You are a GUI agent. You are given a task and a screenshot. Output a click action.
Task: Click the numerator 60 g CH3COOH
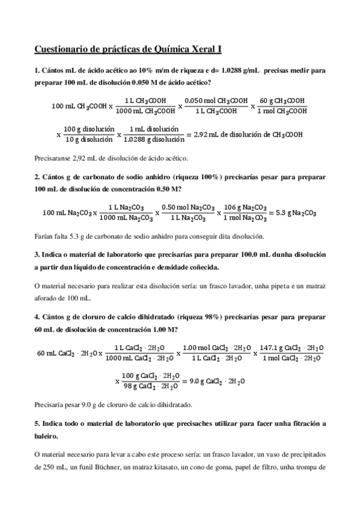282,100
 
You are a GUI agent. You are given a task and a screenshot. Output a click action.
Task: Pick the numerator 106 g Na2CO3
245,207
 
